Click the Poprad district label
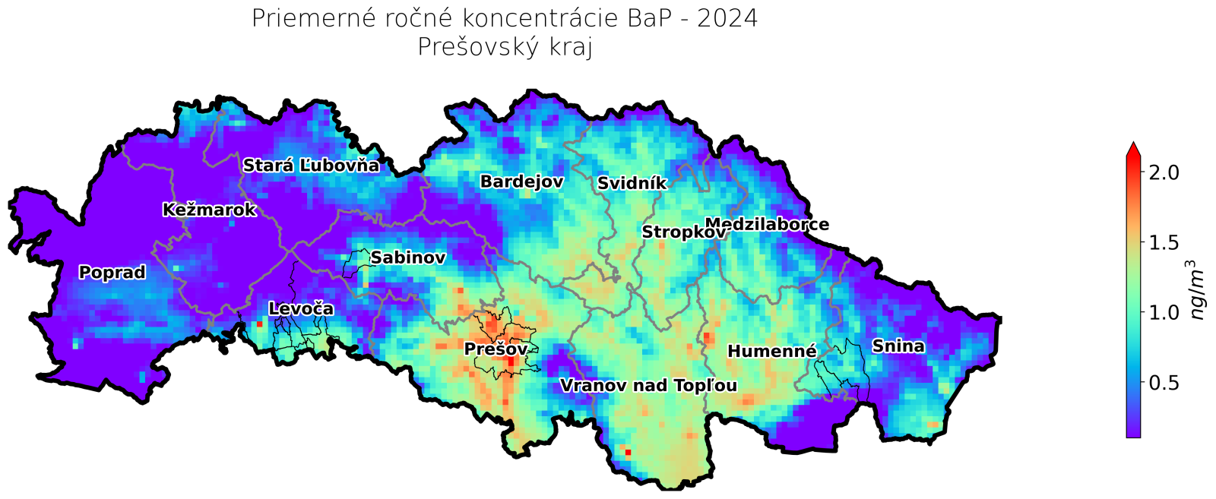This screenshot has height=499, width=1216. pyautogui.click(x=112, y=273)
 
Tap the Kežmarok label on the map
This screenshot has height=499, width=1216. pyautogui.click(x=209, y=210)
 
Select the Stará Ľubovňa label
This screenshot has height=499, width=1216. pyautogui.click(x=311, y=166)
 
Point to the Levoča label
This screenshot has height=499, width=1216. pyautogui.click(x=301, y=309)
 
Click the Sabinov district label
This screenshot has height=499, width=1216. pyautogui.click(x=407, y=258)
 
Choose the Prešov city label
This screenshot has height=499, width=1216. pyautogui.click(x=496, y=349)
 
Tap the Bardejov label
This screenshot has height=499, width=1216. pyautogui.click(x=521, y=182)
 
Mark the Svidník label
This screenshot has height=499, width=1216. pyautogui.click(x=632, y=184)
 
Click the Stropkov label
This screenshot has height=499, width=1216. pyautogui.click(x=683, y=232)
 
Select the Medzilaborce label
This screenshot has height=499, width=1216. pyautogui.click(x=767, y=225)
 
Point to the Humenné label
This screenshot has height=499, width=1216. pyautogui.click(x=771, y=351)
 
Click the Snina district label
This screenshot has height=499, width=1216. pyautogui.click(x=898, y=347)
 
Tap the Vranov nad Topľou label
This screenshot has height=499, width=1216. pyautogui.click(x=648, y=386)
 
